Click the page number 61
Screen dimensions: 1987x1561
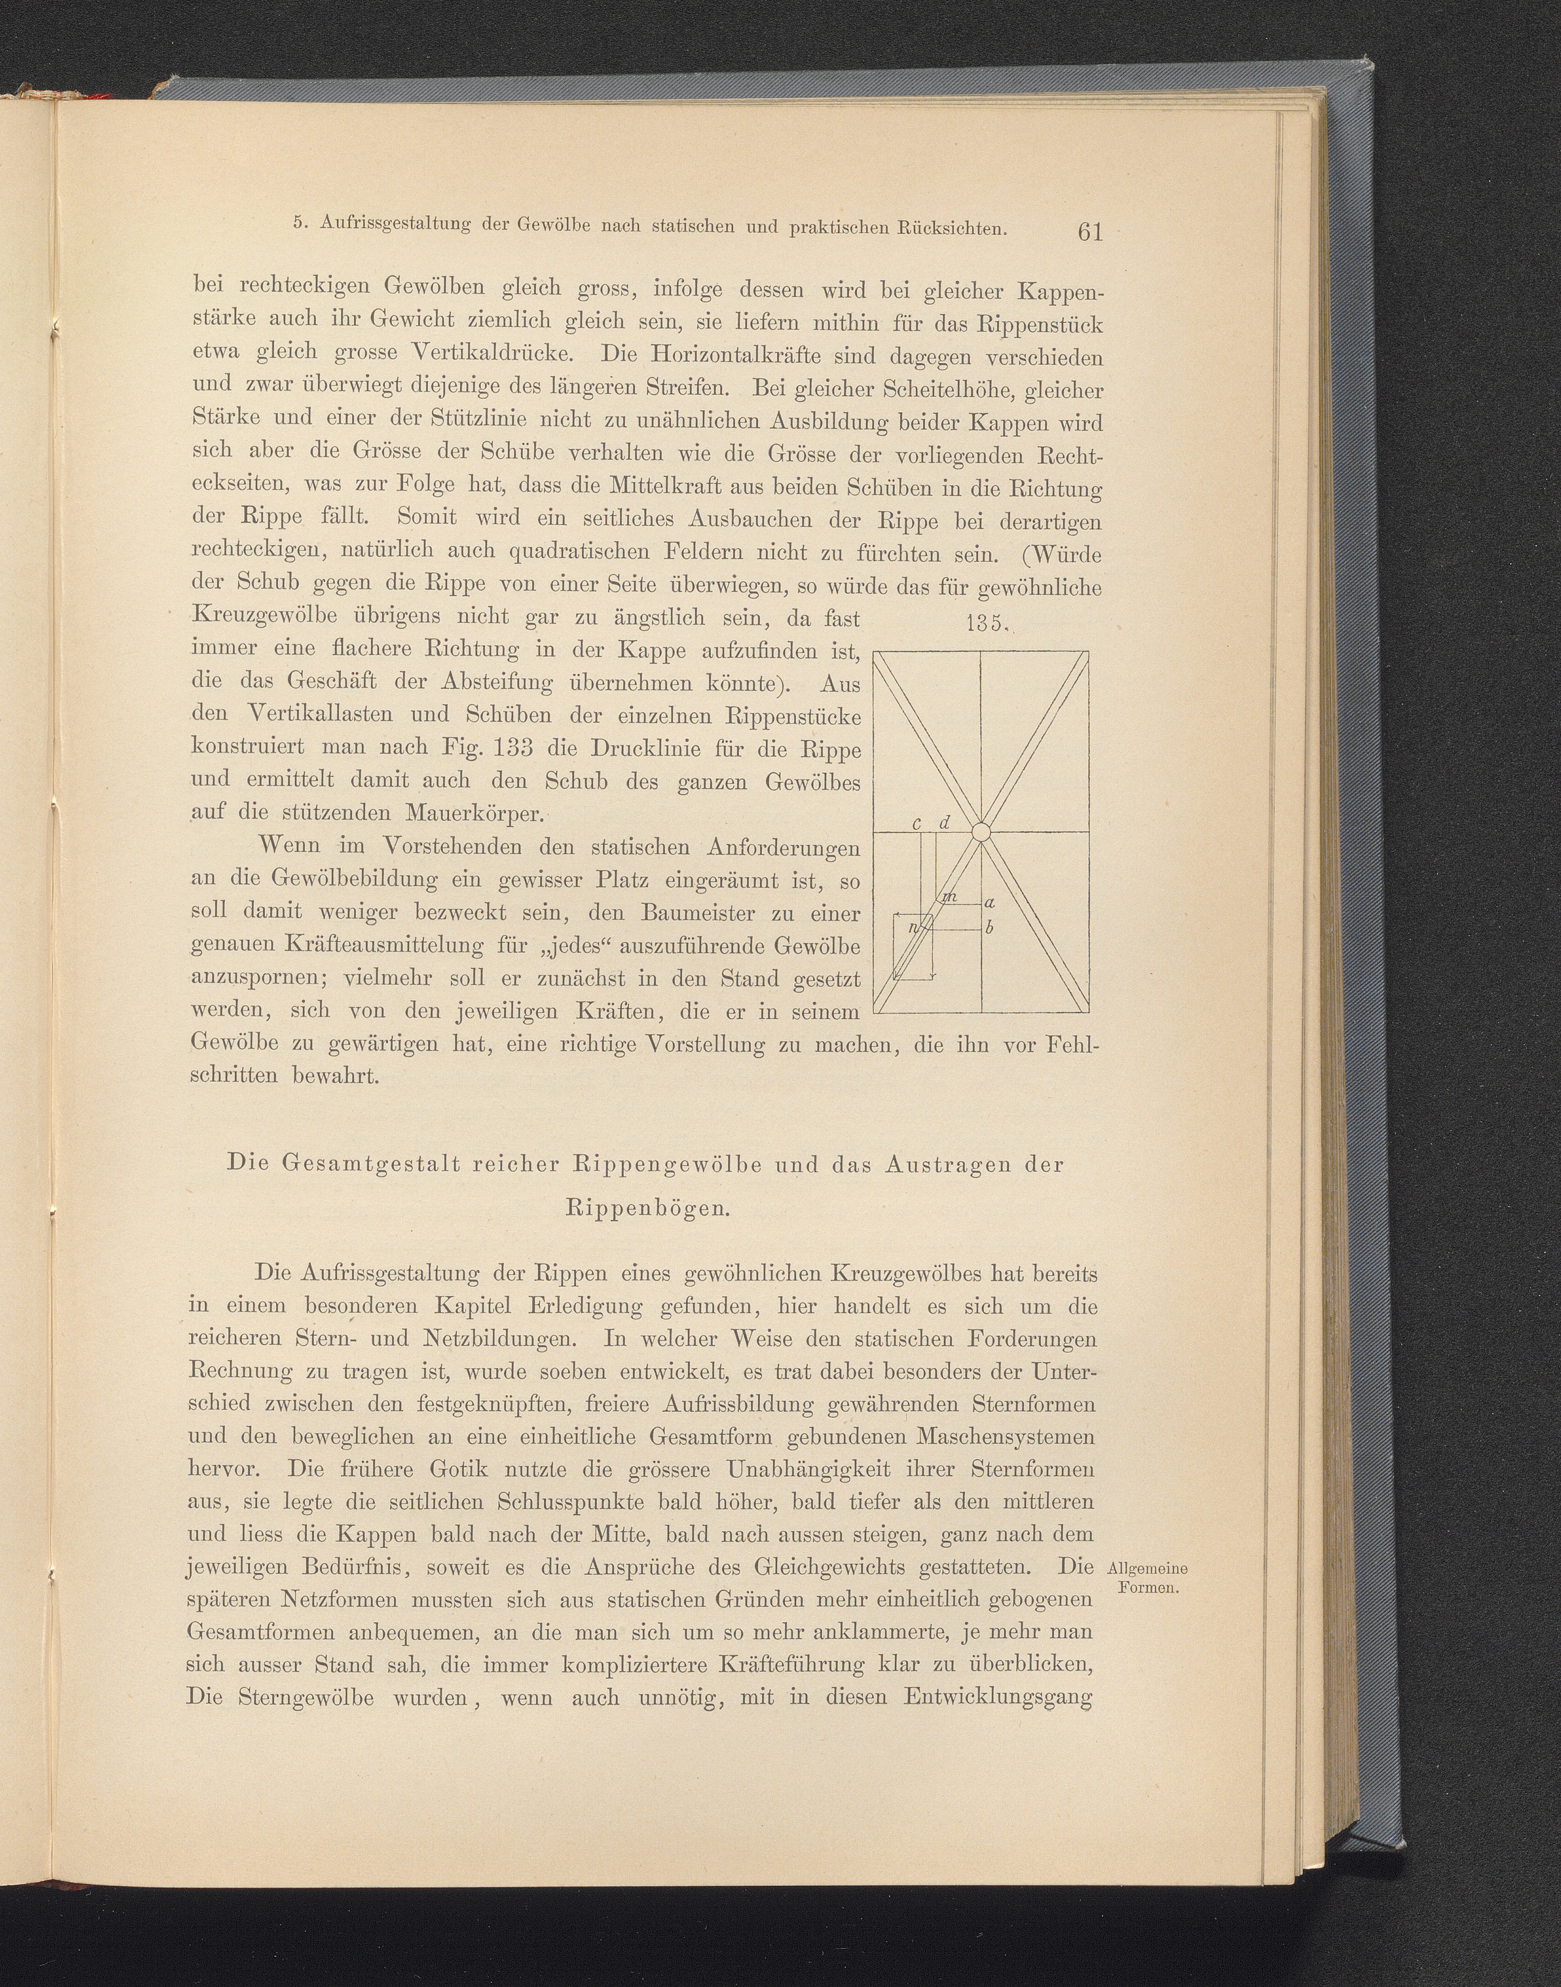tap(1091, 232)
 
